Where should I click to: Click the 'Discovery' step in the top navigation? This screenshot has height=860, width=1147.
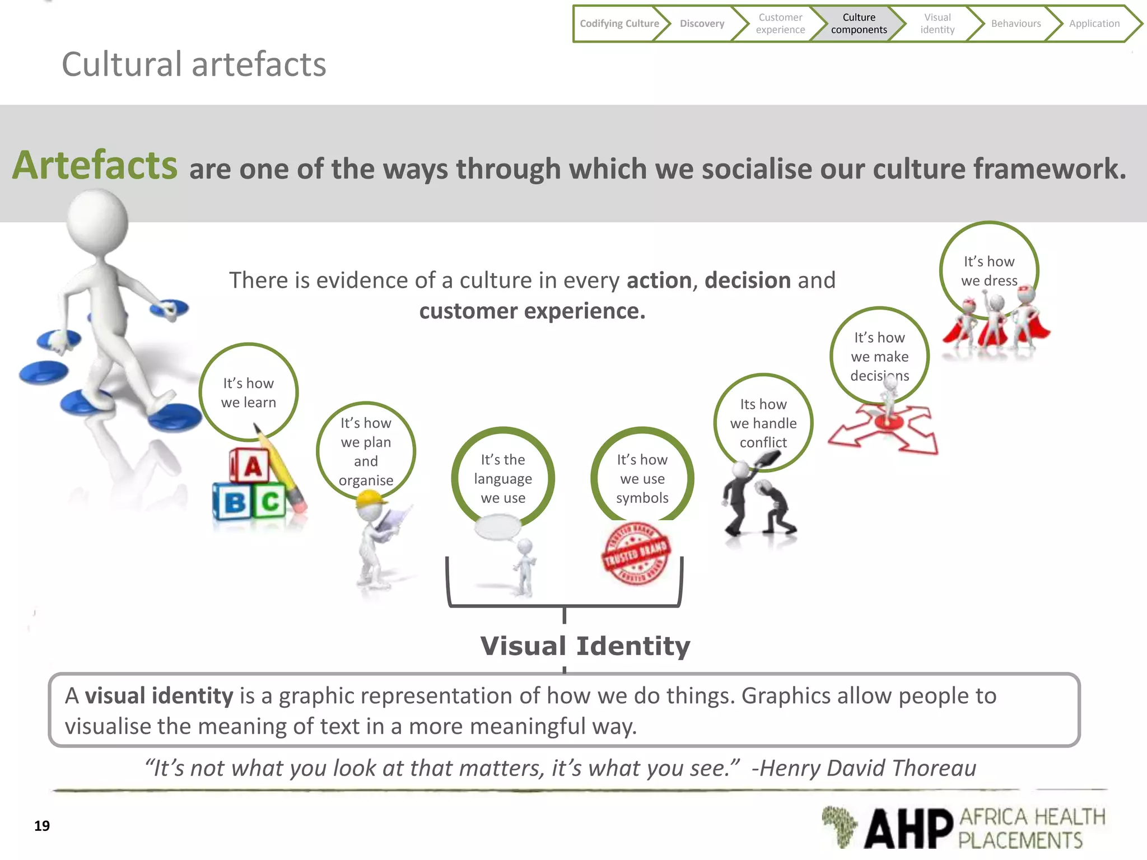(x=702, y=24)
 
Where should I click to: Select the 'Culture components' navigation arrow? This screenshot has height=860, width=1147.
(x=859, y=24)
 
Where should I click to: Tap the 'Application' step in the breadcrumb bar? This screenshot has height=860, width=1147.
(x=1094, y=24)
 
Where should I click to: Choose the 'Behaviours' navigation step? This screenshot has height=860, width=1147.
(x=1015, y=24)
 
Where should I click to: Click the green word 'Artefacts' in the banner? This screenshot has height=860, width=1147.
(x=95, y=166)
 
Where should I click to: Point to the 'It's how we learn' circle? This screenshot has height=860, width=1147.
(x=249, y=392)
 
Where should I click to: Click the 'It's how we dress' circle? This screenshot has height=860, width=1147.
(x=989, y=271)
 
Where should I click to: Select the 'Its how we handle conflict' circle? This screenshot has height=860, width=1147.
(x=763, y=423)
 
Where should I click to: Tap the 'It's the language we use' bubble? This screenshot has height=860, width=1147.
(x=503, y=478)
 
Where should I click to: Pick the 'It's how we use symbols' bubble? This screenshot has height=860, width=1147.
(x=642, y=478)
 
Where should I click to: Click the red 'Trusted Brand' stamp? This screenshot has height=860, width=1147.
(x=636, y=553)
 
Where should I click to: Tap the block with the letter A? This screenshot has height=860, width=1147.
(x=251, y=465)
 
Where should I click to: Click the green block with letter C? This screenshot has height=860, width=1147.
(x=270, y=502)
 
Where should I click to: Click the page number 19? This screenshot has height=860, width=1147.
(x=42, y=826)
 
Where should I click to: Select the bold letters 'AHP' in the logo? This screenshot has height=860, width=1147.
(x=908, y=828)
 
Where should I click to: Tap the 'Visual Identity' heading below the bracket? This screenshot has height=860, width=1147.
(x=585, y=646)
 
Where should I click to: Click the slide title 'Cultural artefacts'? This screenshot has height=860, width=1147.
(x=194, y=64)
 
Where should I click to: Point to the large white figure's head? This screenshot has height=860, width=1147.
(x=98, y=221)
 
